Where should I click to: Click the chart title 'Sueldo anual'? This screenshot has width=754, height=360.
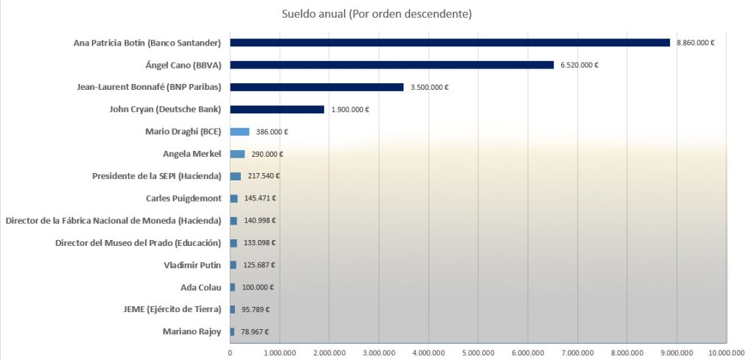377,14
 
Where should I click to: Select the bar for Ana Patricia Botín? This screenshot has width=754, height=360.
450,43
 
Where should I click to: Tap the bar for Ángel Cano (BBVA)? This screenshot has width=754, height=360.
392,65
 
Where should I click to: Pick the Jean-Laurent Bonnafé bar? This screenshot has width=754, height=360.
317,87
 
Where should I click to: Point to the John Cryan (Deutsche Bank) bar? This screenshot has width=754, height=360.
277,109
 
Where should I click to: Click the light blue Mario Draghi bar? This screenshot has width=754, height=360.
240,132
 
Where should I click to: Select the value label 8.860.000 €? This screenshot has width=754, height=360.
696,43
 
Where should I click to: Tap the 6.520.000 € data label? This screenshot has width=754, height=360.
579,65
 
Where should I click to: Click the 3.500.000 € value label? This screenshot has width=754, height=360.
429,87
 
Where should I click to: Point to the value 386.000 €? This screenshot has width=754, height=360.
272,132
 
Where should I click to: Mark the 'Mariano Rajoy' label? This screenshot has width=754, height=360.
191,331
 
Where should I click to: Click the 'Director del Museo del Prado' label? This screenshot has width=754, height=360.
138,243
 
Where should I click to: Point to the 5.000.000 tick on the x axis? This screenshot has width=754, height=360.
479,353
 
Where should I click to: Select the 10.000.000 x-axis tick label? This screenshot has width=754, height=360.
727,353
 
